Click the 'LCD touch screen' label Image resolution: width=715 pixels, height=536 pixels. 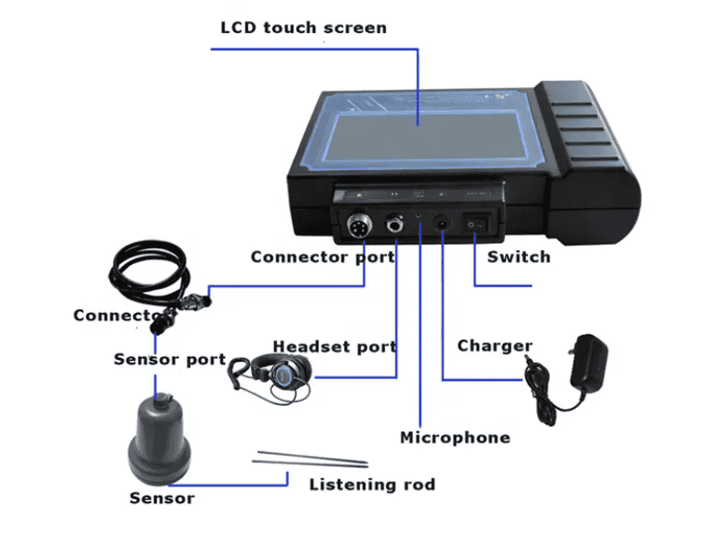[x=304, y=27]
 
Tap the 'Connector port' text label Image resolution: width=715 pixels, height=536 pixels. [x=323, y=257]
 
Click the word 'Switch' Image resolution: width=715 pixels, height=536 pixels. [x=518, y=257]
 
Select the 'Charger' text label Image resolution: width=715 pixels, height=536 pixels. [x=495, y=346]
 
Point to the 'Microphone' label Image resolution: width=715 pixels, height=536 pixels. [x=454, y=437]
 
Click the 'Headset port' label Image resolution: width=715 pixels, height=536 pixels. [x=334, y=346]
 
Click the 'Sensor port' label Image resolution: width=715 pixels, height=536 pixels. [x=169, y=359]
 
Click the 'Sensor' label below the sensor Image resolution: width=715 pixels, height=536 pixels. [x=161, y=497]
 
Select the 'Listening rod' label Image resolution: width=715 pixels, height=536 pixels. [x=372, y=485]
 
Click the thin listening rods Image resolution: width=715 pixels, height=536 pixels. [x=310, y=460]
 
